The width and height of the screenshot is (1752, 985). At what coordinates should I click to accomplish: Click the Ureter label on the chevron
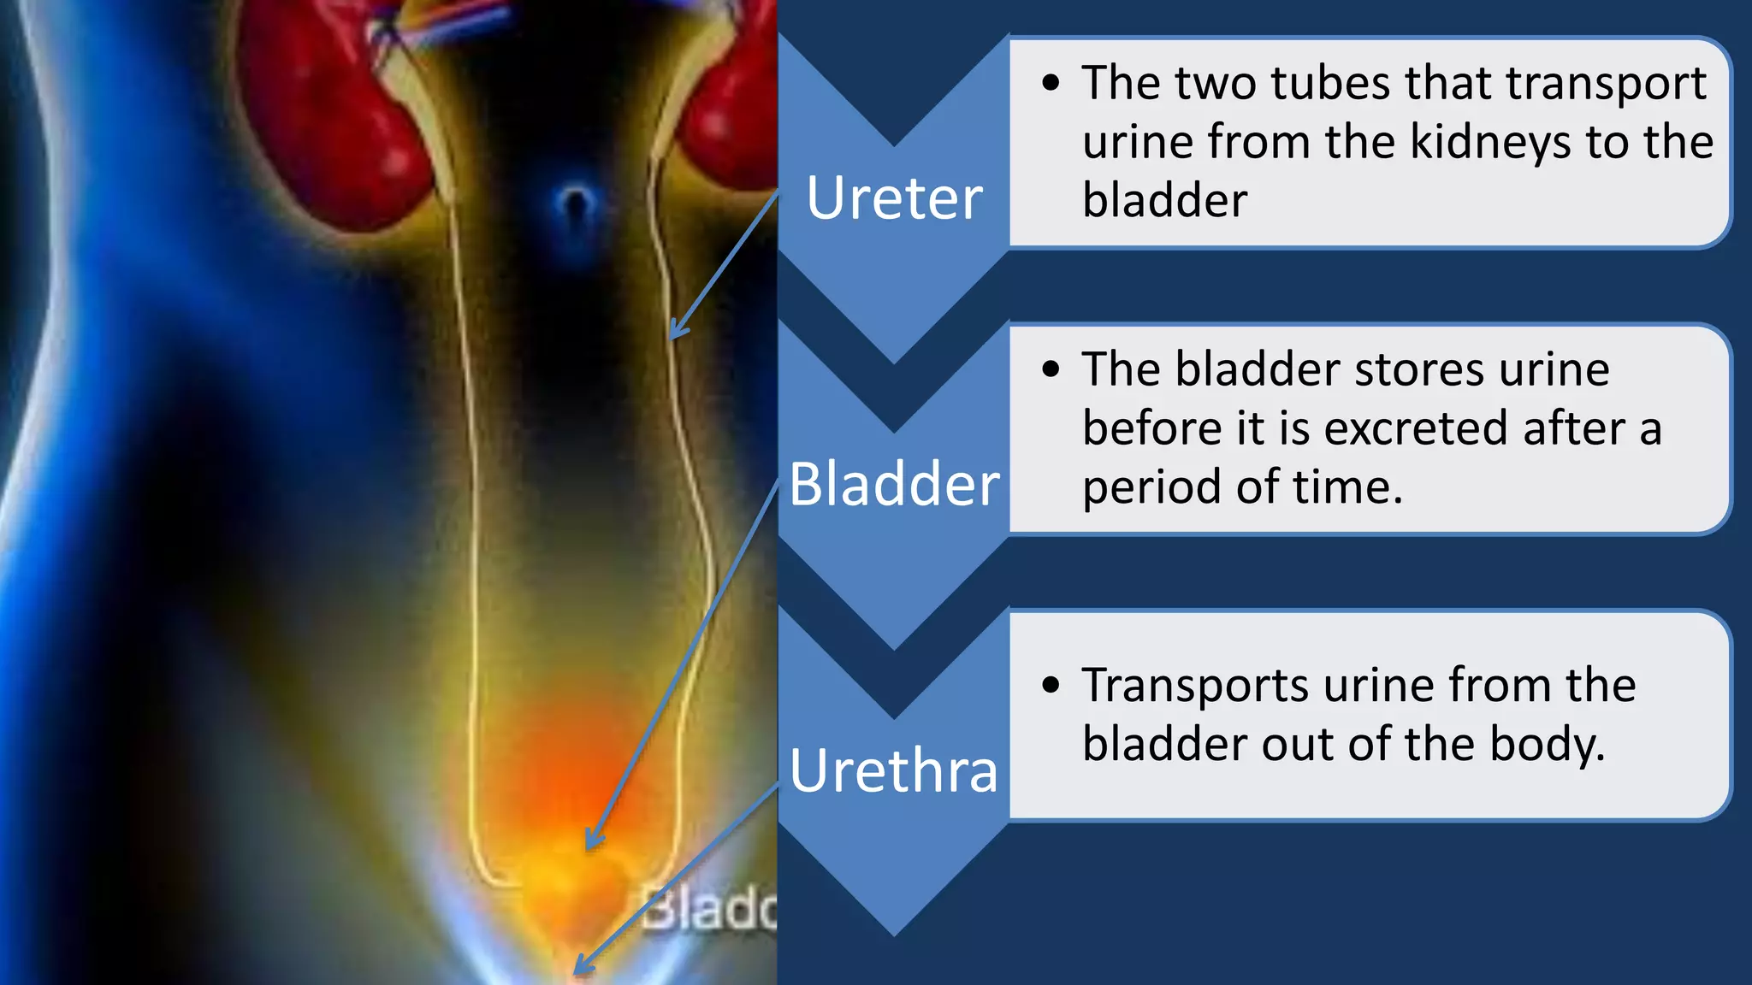pyautogui.click(x=894, y=198)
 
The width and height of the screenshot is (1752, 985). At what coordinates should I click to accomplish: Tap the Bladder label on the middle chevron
pyautogui.click(x=894, y=484)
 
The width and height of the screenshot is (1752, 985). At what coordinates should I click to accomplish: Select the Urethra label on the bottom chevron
pyautogui.click(x=894, y=770)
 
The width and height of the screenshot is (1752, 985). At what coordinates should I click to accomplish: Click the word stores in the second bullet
pyautogui.click(x=1408, y=369)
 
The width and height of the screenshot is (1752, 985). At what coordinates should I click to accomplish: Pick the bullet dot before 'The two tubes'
pyautogui.click(x=1051, y=84)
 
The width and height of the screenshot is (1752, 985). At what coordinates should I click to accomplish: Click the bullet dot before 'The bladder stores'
pyautogui.click(x=1051, y=369)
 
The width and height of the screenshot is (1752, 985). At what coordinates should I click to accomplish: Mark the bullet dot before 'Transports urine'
pyautogui.click(x=1051, y=685)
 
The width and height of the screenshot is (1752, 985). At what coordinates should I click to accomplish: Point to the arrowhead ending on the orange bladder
pyautogui.click(x=592, y=841)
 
